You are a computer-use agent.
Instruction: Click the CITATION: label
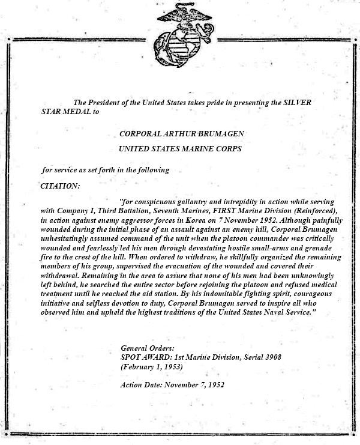point(60,186)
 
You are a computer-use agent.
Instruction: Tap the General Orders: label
point(148,348)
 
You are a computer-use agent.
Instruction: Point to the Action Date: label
point(143,384)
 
